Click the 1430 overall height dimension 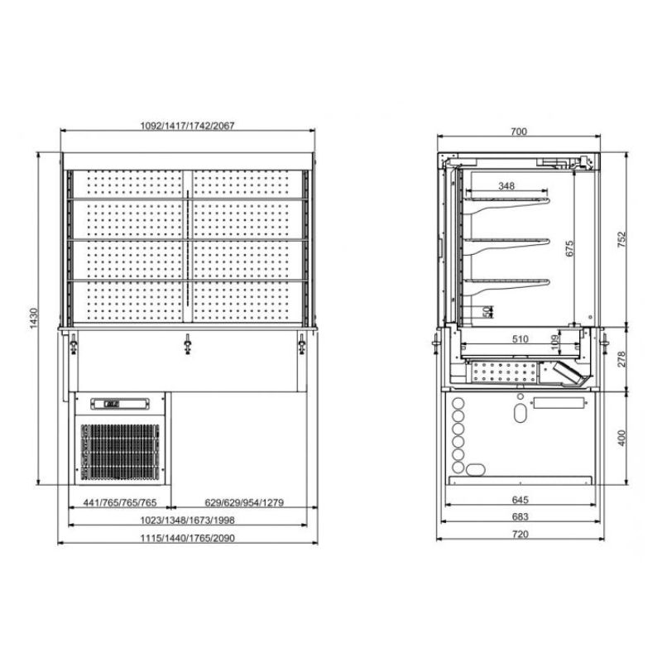pyautogui.click(x=34, y=319)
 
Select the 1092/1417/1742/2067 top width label pyautogui.click(x=187, y=126)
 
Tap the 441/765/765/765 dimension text pyautogui.click(x=120, y=502)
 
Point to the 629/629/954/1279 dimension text pyautogui.click(x=244, y=502)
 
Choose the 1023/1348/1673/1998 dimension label pyautogui.click(x=187, y=520)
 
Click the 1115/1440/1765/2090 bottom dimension pyautogui.click(x=187, y=538)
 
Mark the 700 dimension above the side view pyautogui.click(x=519, y=132)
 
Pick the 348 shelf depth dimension pyautogui.click(x=506, y=185)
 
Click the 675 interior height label pyautogui.click(x=569, y=248)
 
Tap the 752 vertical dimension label pyautogui.click(x=621, y=239)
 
